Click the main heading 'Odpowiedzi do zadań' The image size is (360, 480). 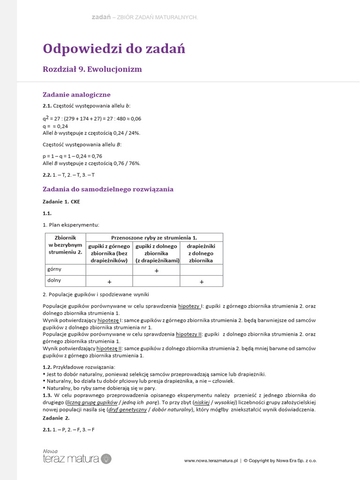pyautogui.click(x=114, y=48)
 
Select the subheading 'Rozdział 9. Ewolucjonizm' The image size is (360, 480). pyautogui.click(x=92, y=69)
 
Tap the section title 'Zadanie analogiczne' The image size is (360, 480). pyautogui.click(x=76, y=94)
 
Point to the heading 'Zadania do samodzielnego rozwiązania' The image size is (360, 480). pyautogui.click(x=108, y=189)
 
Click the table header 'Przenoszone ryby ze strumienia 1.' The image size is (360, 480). pyautogui.click(x=154, y=237)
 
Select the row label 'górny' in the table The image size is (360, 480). pyautogui.click(x=55, y=270)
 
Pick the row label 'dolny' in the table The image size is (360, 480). pyautogui.click(x=54, y=280)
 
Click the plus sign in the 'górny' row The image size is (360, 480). pyautogui.click(x=157, y=270)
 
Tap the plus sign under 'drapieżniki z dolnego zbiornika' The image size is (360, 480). pyautogui.click(x=202, y=282)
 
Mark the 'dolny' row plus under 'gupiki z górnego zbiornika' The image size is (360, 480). pyautogui.click(x=109, y=282)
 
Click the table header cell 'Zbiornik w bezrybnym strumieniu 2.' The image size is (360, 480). pyautogui.click(x=65, y=245)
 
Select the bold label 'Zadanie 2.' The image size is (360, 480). pyautogui.click(x=56, y=418)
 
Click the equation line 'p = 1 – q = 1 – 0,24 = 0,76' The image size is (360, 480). pyautogui.click(x=72, y=156)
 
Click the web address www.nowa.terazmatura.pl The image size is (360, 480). pyautogui.click(x=211, y=461)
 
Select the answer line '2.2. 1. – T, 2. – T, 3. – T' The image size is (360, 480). pyautogui.click(x=69, y=175)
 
